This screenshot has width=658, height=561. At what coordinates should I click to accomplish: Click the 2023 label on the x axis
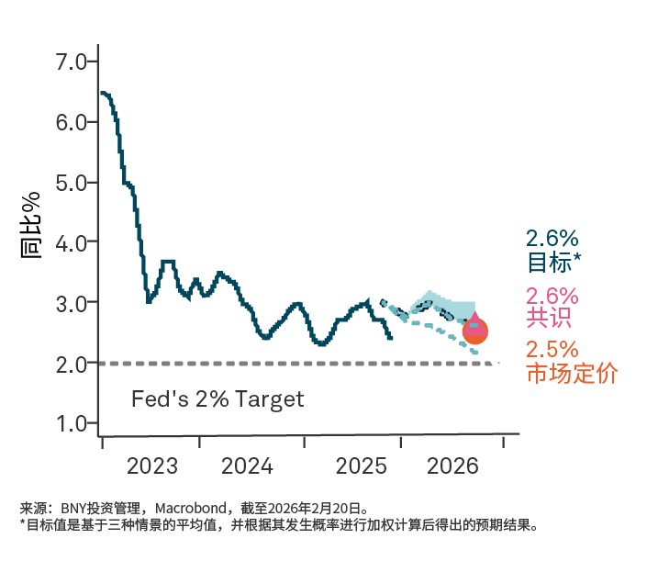click(x=152, y=466)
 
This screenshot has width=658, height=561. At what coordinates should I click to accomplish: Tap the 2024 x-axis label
click(x=247, y=466)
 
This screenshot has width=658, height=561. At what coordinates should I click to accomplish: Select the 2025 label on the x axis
click(x=362, y=466)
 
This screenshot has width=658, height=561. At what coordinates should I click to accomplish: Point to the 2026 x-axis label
click(x=453, y=466)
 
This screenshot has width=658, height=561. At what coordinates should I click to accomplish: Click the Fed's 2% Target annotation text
click(x=217, y=399)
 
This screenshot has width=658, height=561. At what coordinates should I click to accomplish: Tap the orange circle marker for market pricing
click(x=474, y=331)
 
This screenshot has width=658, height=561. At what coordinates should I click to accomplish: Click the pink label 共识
click(x=549, y=318)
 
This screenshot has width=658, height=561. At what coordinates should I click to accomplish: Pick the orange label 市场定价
click(x=571, y=374)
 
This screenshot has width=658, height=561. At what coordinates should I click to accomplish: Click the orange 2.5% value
click(x=552, y=351)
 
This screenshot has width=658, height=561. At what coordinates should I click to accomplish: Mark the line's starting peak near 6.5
click(x=103, y=93)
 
